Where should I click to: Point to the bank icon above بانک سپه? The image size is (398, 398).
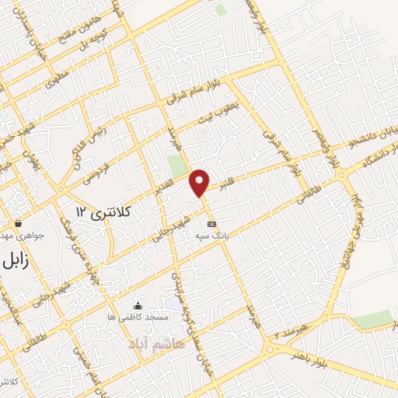coord(212,224)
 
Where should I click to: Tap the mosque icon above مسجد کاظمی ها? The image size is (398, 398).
coord(138,305)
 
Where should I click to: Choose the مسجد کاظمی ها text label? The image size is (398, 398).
coord(138,317)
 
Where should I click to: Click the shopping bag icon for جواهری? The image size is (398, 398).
coord(18,223)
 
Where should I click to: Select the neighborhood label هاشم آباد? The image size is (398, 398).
coord(158,343)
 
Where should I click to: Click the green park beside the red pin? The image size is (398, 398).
coord(177,166)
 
